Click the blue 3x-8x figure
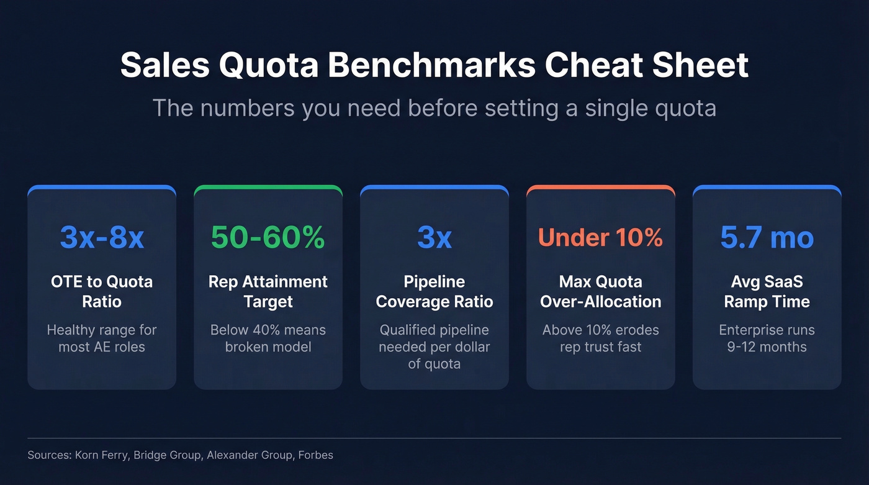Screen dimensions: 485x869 pyautogui.click(x=102, y=238)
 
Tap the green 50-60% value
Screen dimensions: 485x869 pyautogui.click(x=268, y=238)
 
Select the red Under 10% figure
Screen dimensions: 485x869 pyautogui.click(x=600, y=238)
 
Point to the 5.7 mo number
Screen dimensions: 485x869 pyautogui.click(x=767, y=238)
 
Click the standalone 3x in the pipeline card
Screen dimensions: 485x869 pyautogui.click(x=434, y=238)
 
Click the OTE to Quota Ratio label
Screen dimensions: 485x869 pyautogui.click(x=102, y=291)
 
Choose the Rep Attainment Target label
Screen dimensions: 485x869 pyautogui.click(x=268, y=291)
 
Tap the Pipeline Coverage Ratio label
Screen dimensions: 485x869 pyautogui.click(x=434, y=291)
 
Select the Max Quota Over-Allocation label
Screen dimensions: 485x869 pyautogui.click(x=600, y=291)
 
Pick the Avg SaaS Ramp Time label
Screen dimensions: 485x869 pyautogui.click(x=767, y=291)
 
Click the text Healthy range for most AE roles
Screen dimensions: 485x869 pyautogui.click(x=102, y=338)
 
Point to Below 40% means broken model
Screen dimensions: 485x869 pyautogui.click(x=268, y=338)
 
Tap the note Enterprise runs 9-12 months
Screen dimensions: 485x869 pyautogui.click(x=767, y=338)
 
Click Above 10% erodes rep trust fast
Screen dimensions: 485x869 pyautogui.click(x=600, y=338)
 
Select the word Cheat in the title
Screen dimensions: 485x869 pyautogui.click(x=599, y=65)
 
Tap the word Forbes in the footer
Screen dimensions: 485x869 pyautogui.click(x=315, y=455)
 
